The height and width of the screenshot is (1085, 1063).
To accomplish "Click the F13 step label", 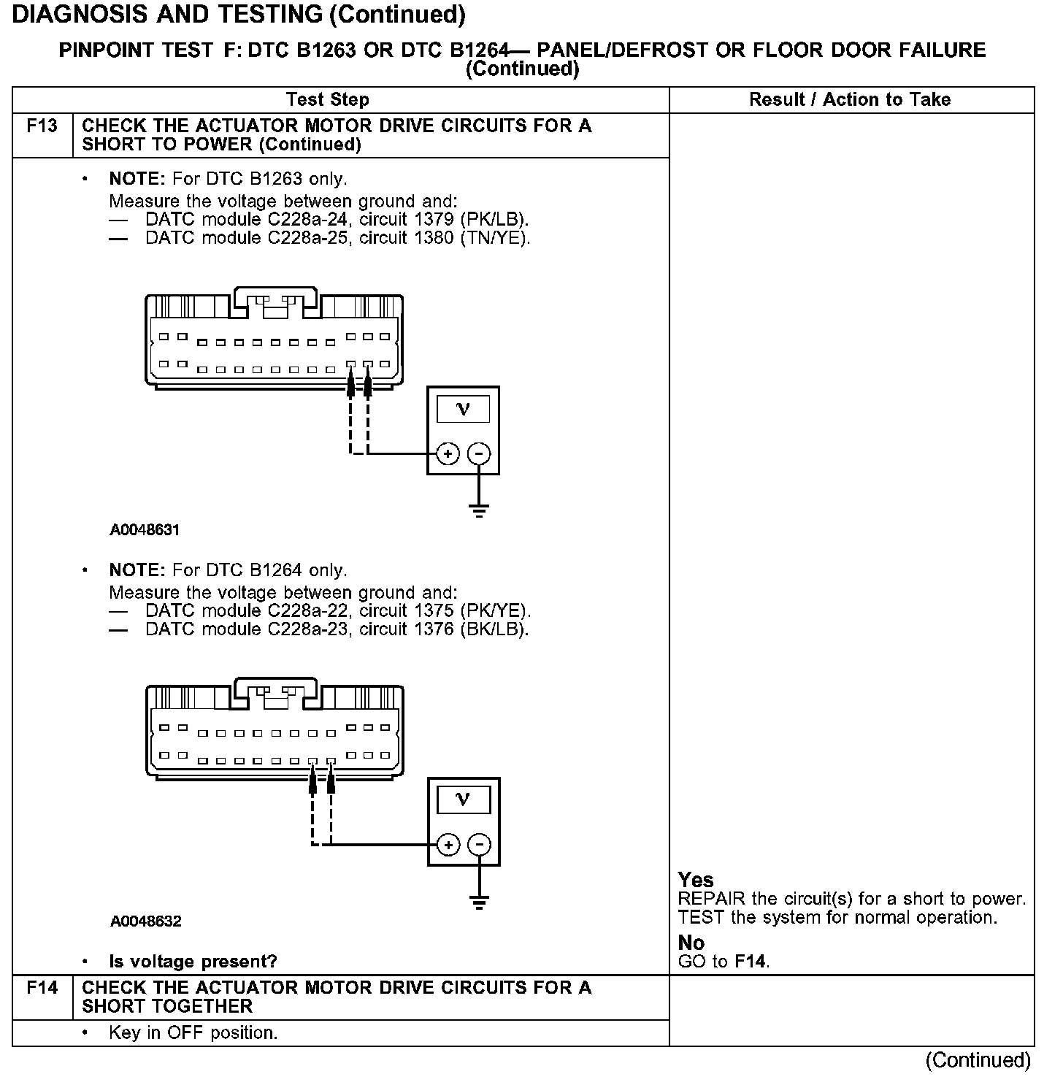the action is [42, 126].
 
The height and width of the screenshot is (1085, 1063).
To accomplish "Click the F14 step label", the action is [42, 988].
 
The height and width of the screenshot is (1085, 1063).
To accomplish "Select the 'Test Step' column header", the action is [328, 100].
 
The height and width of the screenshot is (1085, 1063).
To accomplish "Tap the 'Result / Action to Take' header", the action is [850, 100].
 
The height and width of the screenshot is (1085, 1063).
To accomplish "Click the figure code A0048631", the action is [145, 530].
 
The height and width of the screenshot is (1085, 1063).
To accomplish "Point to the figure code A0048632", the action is [145, 921].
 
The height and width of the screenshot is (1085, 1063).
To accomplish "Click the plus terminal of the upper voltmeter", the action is [448, 454].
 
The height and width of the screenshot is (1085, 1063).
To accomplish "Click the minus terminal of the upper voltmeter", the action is [479, 454].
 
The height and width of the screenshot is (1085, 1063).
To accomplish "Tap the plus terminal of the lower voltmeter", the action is [448, 846].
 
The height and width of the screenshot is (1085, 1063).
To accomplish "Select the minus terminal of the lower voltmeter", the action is [480, 846].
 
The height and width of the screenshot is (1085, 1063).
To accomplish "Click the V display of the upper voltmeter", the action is [463, 410].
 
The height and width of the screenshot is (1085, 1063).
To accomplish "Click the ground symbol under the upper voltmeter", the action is [479, 510].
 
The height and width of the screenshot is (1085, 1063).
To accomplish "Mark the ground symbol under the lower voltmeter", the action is [480, 901].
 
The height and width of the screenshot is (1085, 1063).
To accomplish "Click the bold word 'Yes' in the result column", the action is [696, 880].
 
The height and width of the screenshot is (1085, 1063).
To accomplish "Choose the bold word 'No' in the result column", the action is [691, 943].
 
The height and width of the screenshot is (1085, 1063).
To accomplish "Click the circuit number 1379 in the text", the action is [436, 220].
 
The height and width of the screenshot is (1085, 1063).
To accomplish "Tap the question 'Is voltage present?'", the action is [193, 962].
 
